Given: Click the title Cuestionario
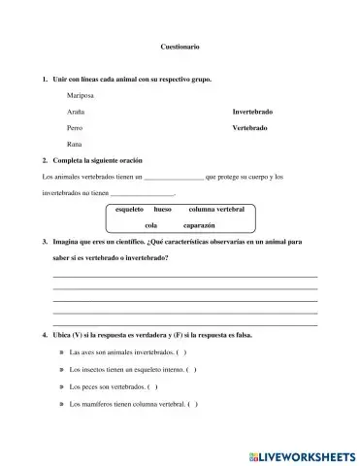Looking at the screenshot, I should coord(180,47).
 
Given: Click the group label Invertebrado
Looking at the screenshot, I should coord(252,112).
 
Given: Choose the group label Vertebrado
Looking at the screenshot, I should coord(250,127).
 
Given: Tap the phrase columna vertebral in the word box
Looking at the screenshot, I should coord(215,210).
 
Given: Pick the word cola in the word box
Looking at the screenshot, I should coord(151,224).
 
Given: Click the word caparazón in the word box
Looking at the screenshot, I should coord(198,224).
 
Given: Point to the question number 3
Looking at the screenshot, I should coord(46,244).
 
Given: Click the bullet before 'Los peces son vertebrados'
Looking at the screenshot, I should coord(62,387).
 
